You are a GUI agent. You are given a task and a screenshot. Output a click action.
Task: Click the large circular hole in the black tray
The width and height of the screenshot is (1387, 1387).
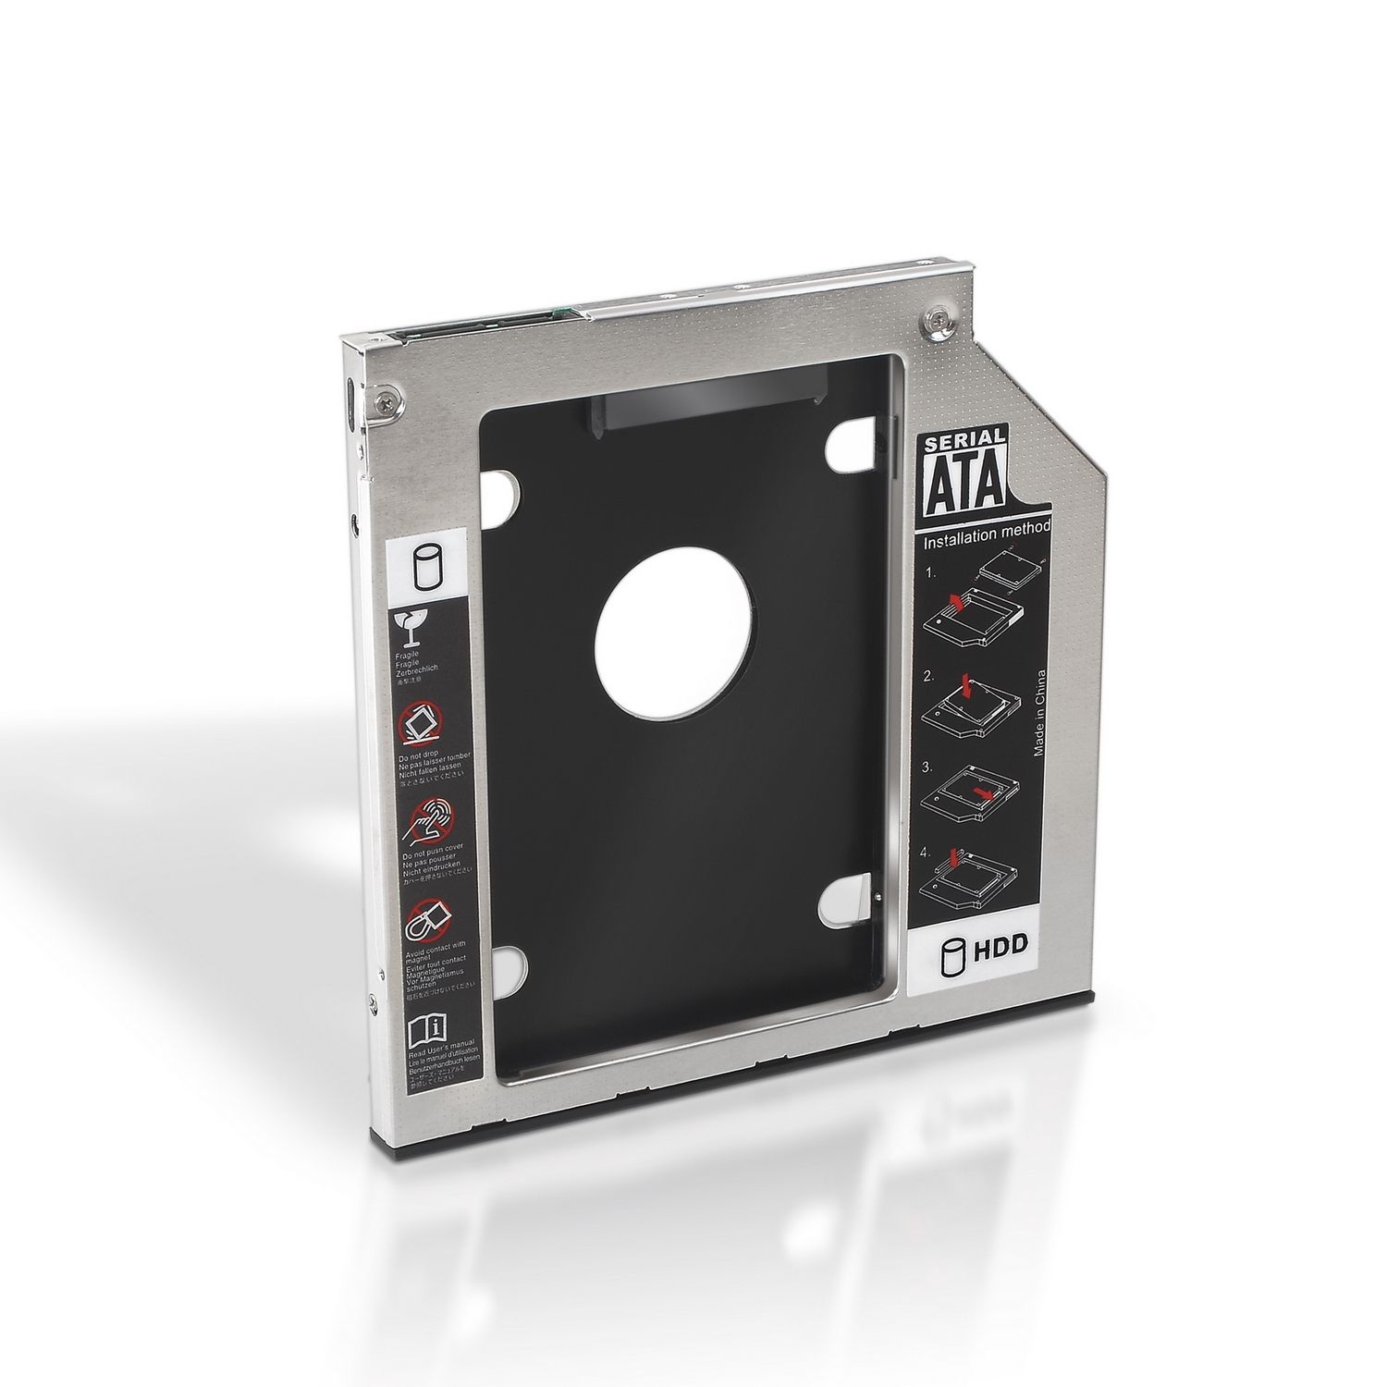tap(672, 645)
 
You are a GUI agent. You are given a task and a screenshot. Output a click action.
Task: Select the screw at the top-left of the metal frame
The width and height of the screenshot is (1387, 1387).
tap(383, 401)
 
